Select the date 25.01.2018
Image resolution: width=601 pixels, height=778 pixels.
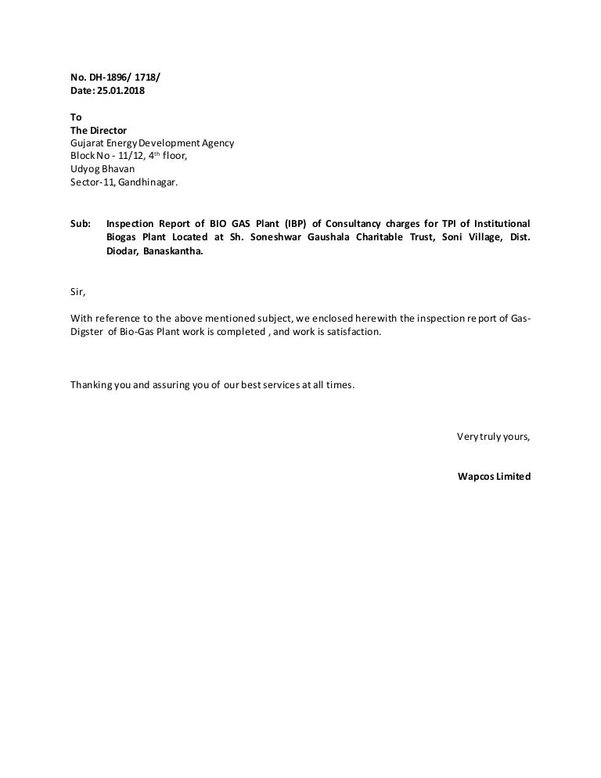121,91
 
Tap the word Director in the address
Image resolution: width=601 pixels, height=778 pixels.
109,130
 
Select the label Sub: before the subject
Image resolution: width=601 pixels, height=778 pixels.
81,223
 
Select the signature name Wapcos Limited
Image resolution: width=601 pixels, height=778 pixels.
494,476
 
